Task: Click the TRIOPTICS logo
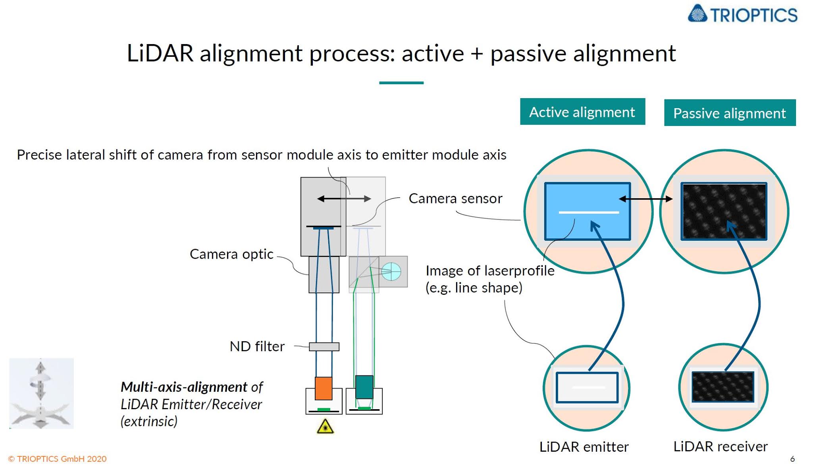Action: (x=742, y=14)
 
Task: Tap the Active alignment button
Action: (x=582, y=112)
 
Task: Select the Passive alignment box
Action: (x=729, y=113)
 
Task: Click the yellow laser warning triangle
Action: (x=325, y=427)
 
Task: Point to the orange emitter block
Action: (x=323, y=388)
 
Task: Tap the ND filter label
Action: (x=257, y=346)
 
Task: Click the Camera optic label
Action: (x=231, y=254)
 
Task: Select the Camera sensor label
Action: (x=455, y=199)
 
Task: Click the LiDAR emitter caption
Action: (x=584, y=447)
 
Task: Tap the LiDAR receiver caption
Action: (x=720, y=447)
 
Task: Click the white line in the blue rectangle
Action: (x=588, y=213)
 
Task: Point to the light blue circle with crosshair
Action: (x=391, y=272)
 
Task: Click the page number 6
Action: (x=792, y=459)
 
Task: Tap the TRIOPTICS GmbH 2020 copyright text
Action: (x=58, y=459)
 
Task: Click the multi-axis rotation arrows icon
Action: (x=41, y=393)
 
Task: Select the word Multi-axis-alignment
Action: (x=184, y=387)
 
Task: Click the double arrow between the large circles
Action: (x=645, y=199)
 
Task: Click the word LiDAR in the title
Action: (x=160, y=53)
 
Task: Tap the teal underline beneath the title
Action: (x=401, y=83)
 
